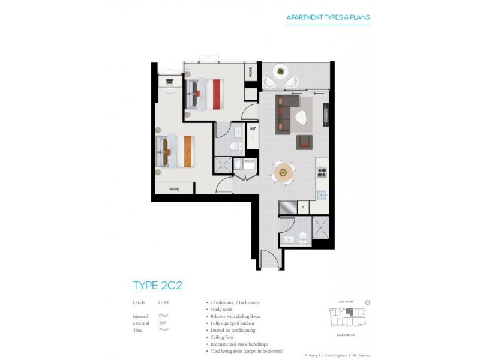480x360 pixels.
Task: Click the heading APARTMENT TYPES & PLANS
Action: [x=328, y=17]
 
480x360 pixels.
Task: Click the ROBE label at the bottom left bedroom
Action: [x=174, y=188]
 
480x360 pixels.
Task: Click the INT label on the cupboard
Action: [x=253, y=128]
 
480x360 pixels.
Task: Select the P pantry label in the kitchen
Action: [x=303, y=209]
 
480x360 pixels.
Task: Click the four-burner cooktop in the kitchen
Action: [x=320, y=172]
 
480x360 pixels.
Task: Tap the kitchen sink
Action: [x=322, y=194]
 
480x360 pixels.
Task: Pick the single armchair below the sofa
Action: [x=305, y=141]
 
